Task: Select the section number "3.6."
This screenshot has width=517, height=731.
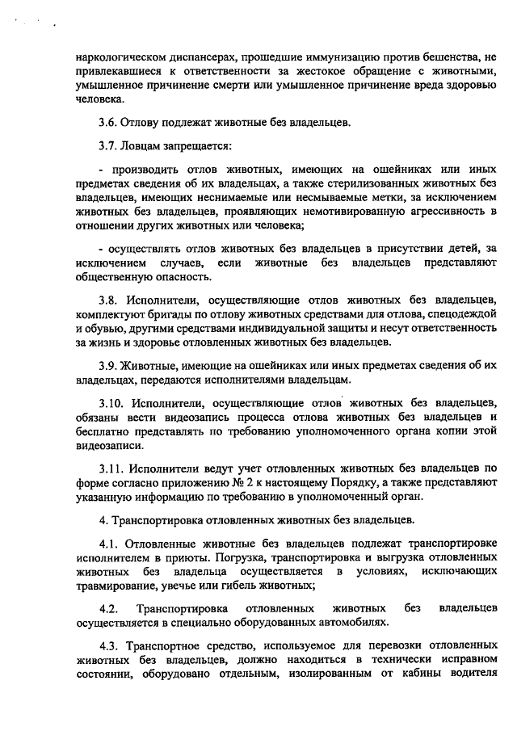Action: tap(109, 123)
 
